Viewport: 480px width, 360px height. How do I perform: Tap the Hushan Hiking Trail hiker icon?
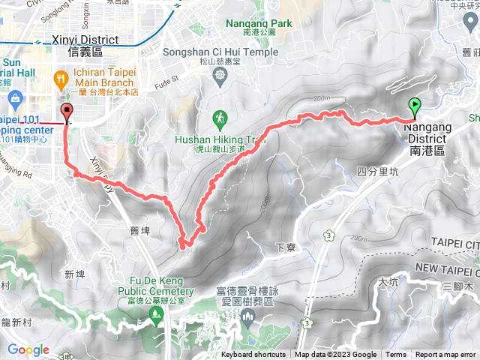click(220, 117)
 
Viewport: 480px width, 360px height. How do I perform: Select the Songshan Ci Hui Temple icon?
click(219, 75)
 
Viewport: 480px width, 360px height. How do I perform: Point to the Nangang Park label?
click(259, 23)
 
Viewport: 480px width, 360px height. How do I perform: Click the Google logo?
click(28, 349)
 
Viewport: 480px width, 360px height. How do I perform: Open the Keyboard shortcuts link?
click(253, 355)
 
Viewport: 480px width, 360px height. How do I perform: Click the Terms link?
click(396, 355)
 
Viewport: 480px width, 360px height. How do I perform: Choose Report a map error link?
click(446, 355)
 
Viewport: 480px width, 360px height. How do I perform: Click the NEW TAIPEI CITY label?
click(447, 268)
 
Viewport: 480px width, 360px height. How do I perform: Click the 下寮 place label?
click(283, 246)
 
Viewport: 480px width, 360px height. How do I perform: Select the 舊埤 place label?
click(139, 231)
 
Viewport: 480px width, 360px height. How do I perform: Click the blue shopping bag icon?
click(14, 98)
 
